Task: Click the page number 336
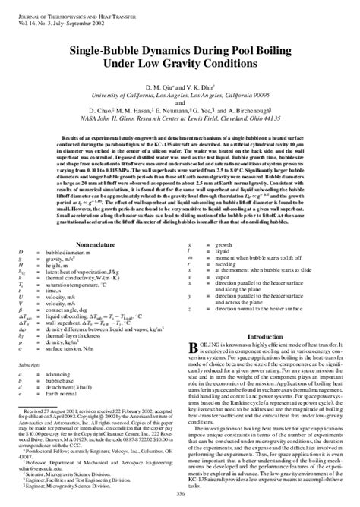click(x=179, y=494)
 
